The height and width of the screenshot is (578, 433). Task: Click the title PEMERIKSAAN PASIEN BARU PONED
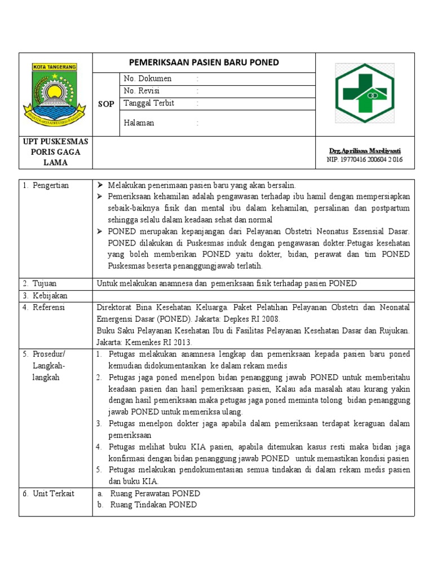[204, 62]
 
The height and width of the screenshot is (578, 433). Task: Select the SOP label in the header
[106, 104]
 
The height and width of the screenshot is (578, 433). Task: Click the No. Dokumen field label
[147, 78]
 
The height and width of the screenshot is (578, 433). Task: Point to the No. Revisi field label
[142, 91]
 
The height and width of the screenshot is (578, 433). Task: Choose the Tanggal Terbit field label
[149, 103]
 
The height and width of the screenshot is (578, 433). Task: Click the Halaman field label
[139, 123]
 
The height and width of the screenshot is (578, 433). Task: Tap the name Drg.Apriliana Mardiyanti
[365, 151]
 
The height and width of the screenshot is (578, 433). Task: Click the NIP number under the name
[365, 160]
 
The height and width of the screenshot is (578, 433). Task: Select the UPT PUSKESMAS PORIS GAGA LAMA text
[55, 152]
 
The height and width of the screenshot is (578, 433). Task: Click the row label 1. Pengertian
[46, 186]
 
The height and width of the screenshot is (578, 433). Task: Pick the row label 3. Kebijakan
[45, 296]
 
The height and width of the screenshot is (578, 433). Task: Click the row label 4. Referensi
[44, 308]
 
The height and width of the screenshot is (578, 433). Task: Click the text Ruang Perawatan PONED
[155, 494]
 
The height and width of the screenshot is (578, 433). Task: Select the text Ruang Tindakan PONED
[153, 505]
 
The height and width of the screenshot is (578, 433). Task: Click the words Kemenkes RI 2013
[161, 342]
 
